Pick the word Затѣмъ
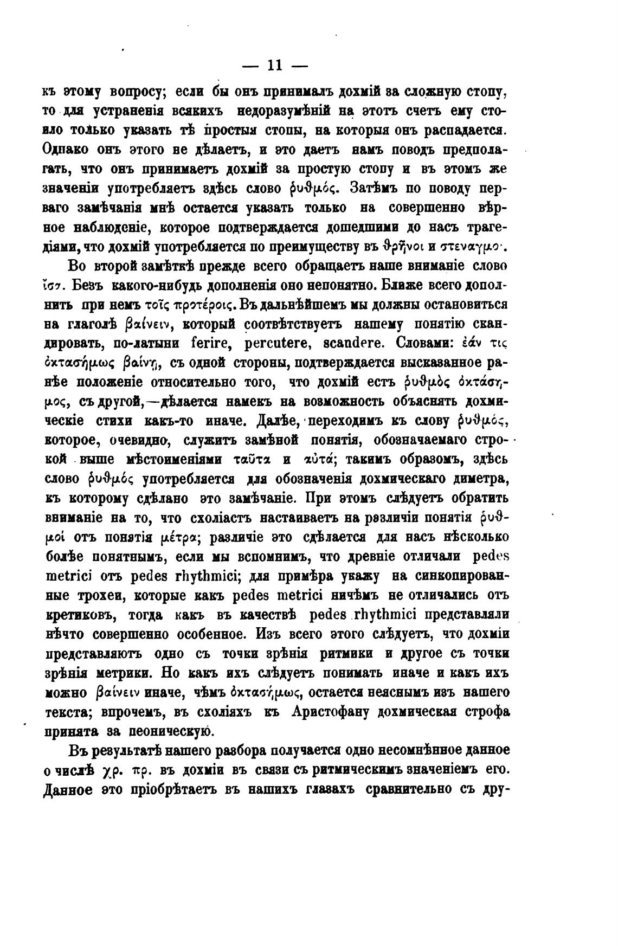click(374, 189)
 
